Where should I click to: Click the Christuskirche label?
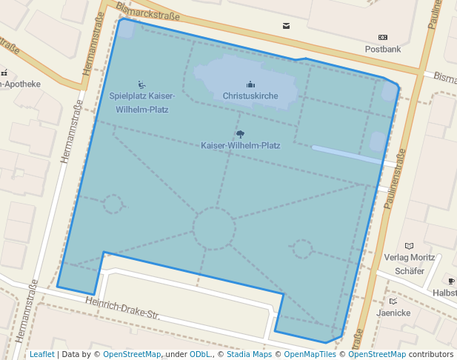(250, 96)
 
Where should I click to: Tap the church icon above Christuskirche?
(250, 84)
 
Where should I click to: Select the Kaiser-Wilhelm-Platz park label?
(240, 146)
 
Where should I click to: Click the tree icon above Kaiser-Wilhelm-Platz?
(240, 134)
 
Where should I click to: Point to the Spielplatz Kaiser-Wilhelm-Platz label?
(142, 102)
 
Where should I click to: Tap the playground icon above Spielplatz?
(141, 85)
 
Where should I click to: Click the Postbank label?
(382, 49)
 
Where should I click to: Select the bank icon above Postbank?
(382, 37)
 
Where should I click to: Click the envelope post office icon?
(286, 26)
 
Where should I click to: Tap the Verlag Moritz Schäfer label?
(409, 264)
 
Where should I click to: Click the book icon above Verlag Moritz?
(409, 246)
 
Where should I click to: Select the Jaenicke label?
(393, 313)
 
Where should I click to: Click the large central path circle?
(214, 228)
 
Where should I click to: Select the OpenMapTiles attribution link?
(311, 354)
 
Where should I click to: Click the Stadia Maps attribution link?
(248, 354)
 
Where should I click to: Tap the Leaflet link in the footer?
(41, 354)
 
